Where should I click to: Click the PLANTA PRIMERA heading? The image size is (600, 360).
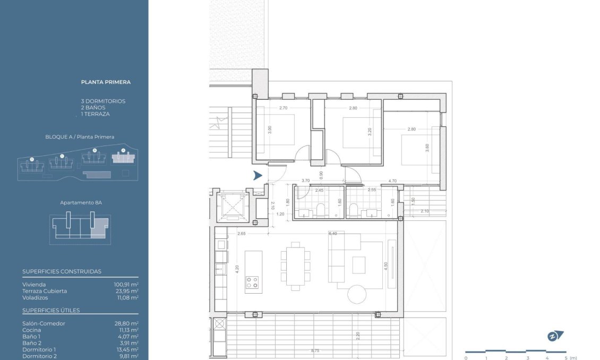[x=106, y=82]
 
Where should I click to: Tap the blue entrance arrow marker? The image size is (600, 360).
[x=258, y=176]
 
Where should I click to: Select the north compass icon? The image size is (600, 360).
[x=555, y=336]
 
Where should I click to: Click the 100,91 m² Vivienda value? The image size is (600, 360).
[x=126, y=285]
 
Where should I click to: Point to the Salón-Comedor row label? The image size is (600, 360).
[x=44, y=323]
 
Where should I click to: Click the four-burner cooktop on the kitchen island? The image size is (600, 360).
[x=253, y=282]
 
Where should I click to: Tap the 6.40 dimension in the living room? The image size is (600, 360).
[x=333, y=234]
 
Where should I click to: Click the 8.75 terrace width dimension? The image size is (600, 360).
[x=315, y=351]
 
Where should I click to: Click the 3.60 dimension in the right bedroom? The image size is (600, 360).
[x=427, y=148]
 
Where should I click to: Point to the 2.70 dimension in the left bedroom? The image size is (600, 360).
[x=283, y=108]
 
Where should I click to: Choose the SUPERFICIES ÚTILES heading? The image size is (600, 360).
[x=51, y=310]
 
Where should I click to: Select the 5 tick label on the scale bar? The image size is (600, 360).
[x=566, y=358]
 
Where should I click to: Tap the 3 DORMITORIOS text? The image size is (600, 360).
[x=103, y=101]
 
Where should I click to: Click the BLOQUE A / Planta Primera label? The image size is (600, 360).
[x=80, y=137]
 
